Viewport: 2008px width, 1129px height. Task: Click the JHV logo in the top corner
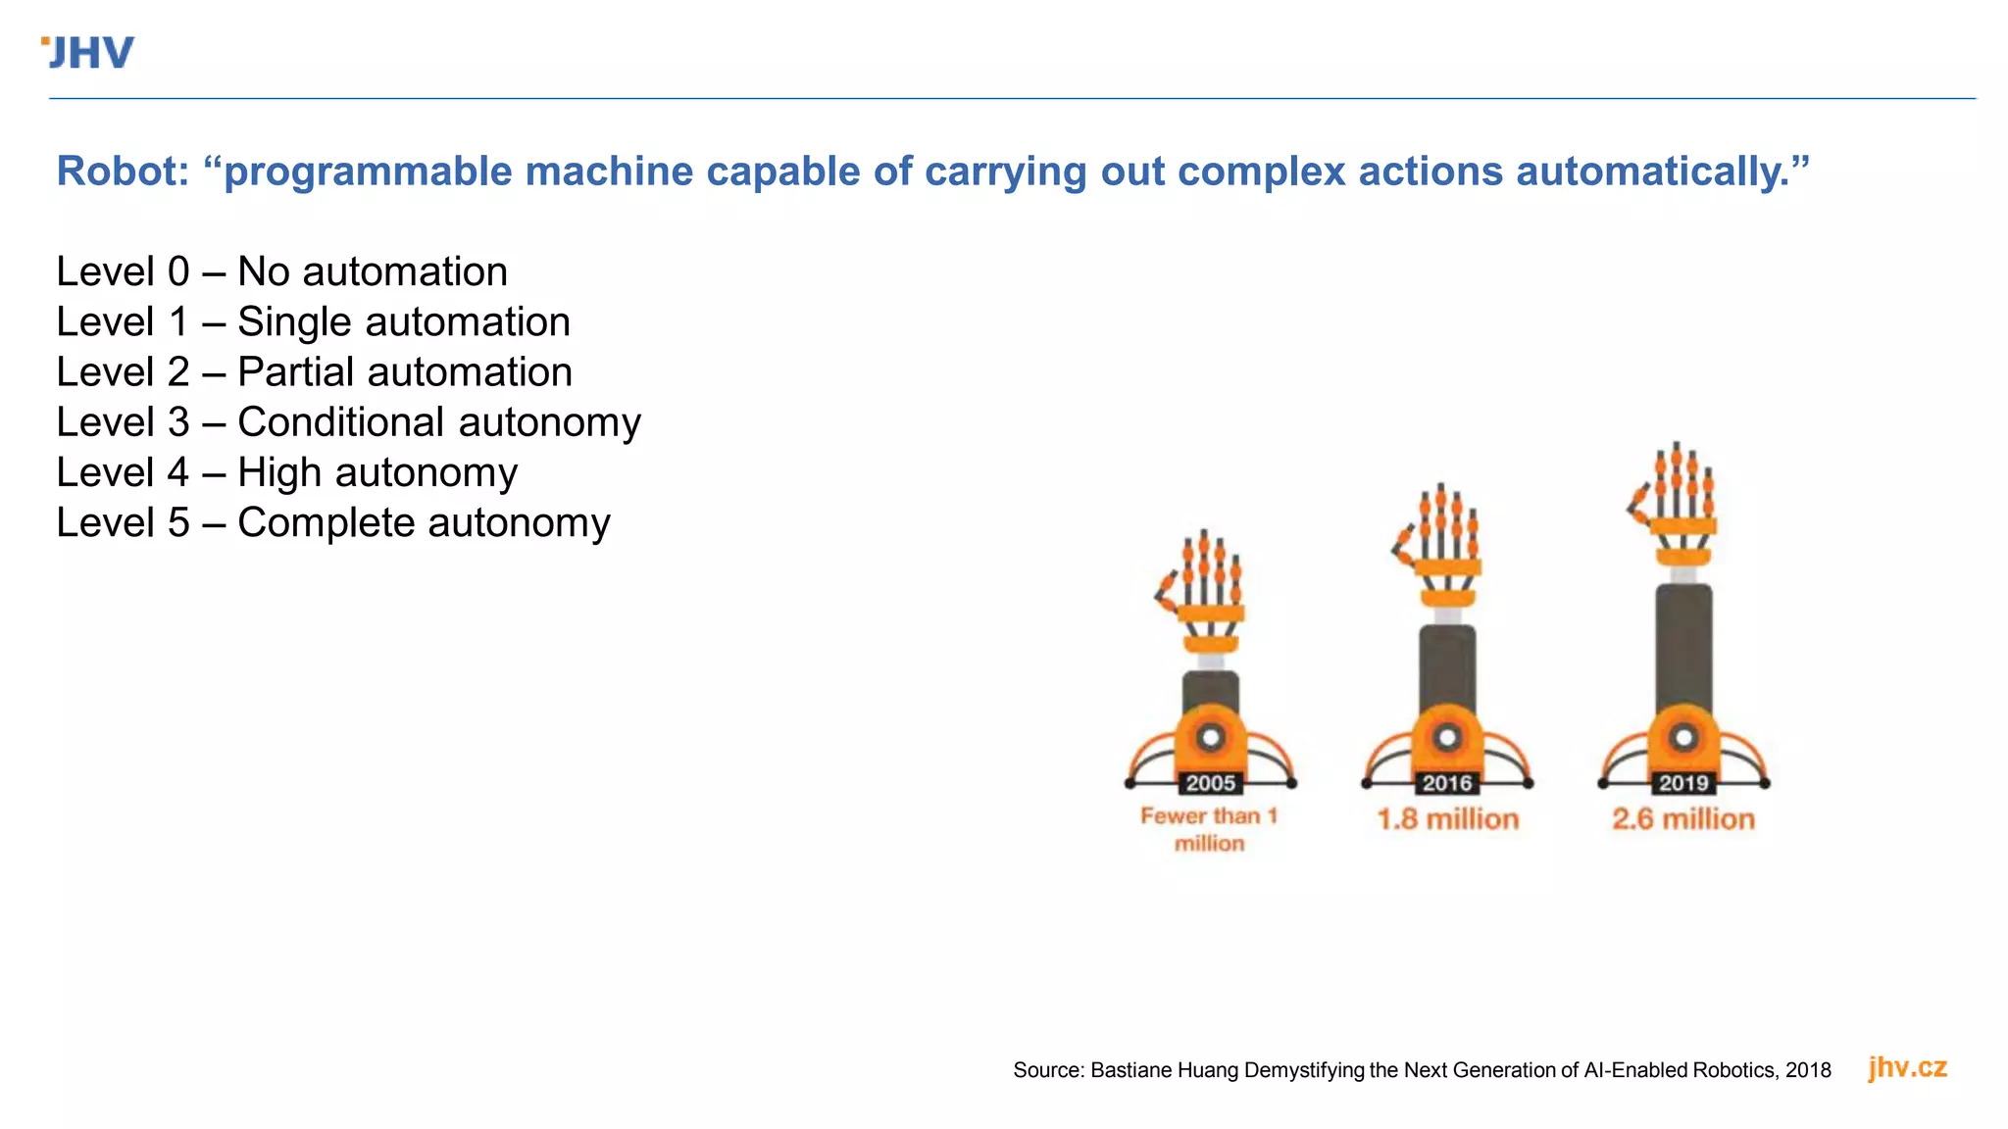point(88,53)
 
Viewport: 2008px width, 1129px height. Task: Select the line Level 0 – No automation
point(281,271)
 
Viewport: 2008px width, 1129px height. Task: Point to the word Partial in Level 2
point(294,372)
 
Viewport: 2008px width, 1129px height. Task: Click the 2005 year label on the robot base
point(1210,783)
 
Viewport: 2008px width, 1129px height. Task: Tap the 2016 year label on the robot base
point(1447,783)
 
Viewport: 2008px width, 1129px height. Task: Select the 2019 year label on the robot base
point(1683,783)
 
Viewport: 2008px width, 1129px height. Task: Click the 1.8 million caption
point(1447,819)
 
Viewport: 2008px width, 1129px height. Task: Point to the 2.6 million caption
point(1683,819)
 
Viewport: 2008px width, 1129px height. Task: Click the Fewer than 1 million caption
point(1209,829)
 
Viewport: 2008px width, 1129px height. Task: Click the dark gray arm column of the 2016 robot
point(1447,666)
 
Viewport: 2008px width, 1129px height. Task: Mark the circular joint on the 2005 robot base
point(1211,737)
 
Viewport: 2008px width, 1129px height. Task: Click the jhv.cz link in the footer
point(1907,1067)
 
